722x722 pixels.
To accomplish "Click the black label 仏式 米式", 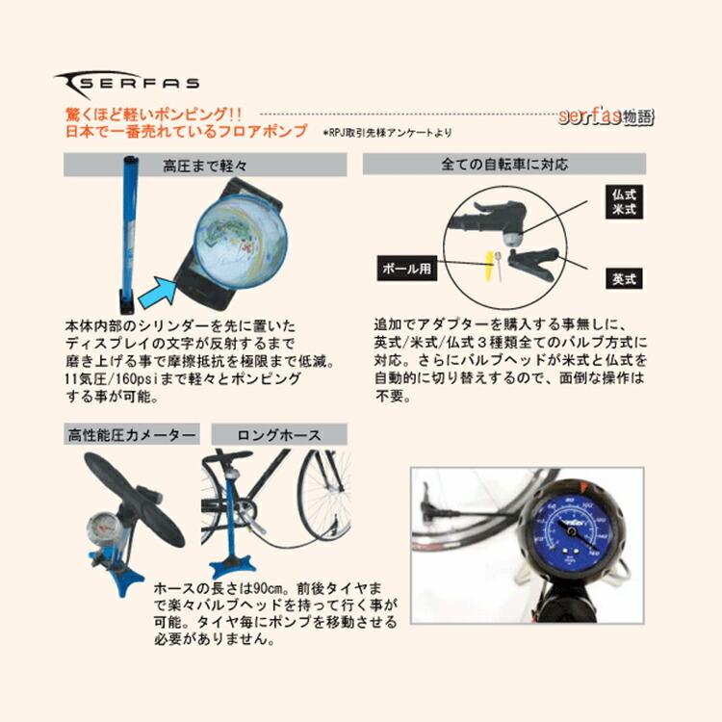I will click(624, 202).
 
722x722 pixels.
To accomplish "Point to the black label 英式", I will click(623, 279).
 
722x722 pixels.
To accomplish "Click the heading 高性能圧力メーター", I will click(131, 435).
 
